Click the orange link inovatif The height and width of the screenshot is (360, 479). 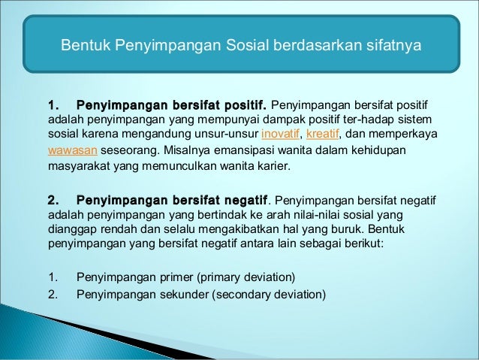279,135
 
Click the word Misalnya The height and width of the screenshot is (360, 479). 176,150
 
